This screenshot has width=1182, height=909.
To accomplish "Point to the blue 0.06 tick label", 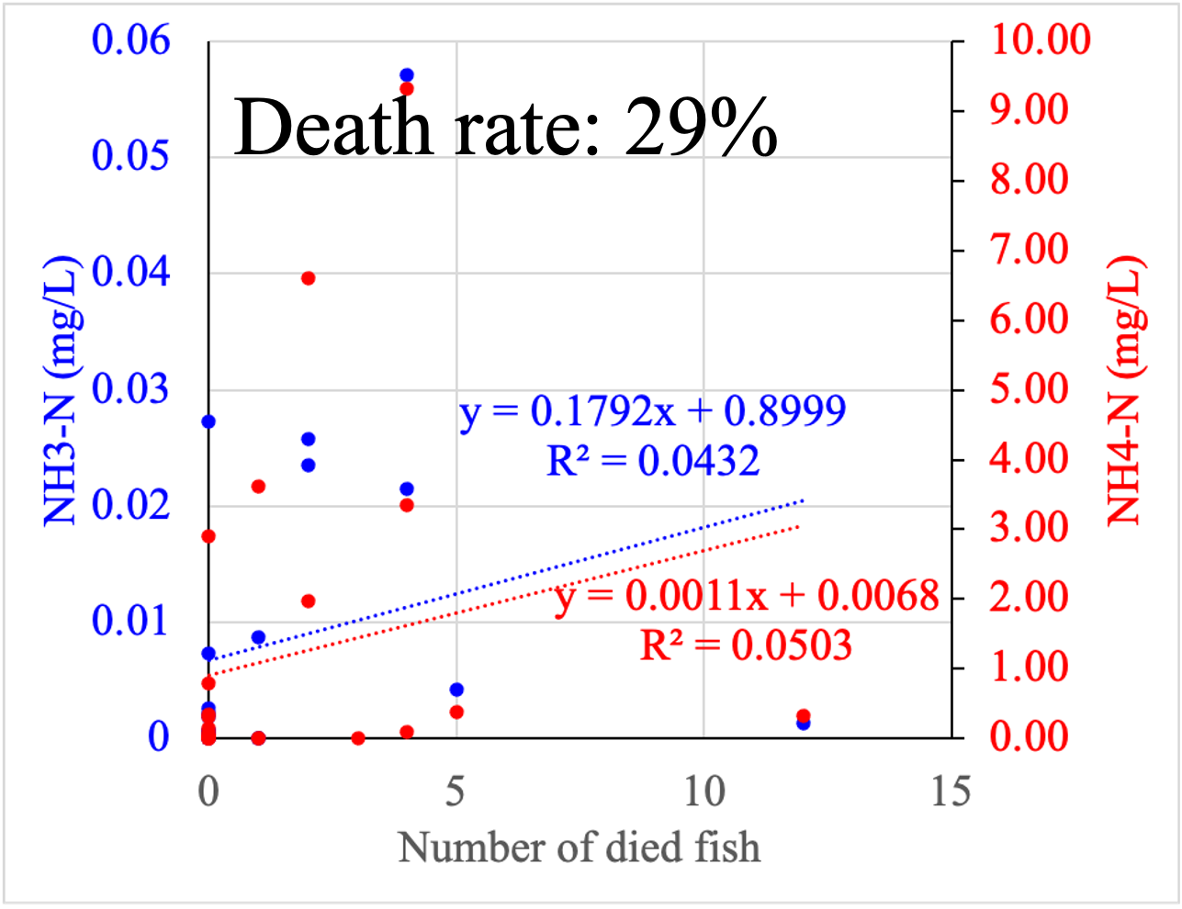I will click(130, 40).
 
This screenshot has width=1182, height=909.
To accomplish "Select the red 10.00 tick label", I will click(1040, 40).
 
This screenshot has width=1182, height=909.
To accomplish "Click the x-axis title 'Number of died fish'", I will click(580, 847).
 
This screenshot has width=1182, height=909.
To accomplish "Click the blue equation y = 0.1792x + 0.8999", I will click(652, 412).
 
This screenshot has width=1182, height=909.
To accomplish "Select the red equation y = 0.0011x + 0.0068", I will click(748, 597).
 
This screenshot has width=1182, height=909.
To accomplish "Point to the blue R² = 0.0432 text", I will click(653, 460).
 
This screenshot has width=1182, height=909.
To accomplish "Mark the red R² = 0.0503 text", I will click(746, 645).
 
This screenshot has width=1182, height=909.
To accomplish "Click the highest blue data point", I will click(407, 74).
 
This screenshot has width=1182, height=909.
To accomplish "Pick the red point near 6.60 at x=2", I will click(309, 278).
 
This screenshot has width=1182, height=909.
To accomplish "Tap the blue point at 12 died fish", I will click(804, 724).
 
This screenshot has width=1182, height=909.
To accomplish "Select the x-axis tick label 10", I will click(704, 791).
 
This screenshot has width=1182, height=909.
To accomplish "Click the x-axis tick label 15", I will click(951, 791).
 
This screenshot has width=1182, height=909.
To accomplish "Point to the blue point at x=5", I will click(456, 690).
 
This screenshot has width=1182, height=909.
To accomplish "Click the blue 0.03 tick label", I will click(130, 389).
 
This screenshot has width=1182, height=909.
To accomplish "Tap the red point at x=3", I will click(358, 738).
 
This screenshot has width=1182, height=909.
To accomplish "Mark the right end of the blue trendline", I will click(804, 500).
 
